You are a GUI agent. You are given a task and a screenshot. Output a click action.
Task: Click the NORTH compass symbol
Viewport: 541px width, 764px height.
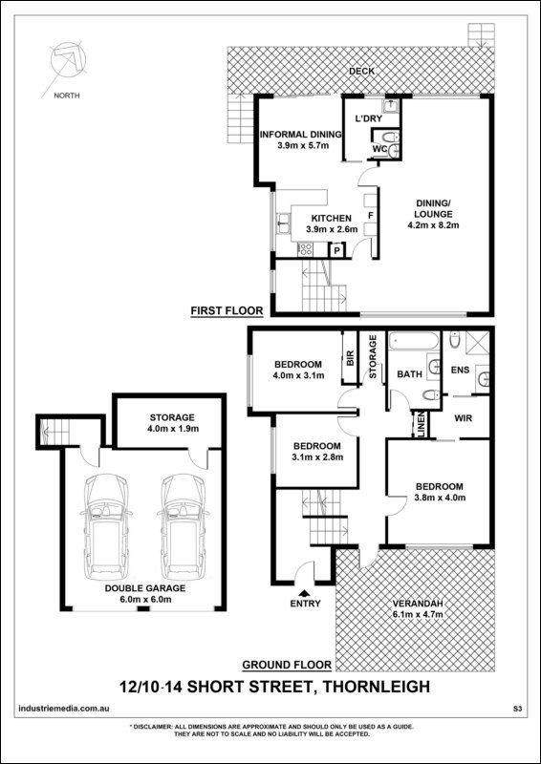click(x=68, y=59)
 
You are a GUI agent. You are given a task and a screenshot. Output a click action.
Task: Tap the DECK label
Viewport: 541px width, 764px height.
click(x=361, y=71)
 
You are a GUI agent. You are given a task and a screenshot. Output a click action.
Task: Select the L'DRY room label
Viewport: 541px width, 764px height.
click(x=368, y=118)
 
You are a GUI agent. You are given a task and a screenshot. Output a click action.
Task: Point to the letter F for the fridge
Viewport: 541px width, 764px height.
click(x=370, y=215)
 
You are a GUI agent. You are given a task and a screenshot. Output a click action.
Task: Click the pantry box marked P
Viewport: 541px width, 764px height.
click(x=336, y=251)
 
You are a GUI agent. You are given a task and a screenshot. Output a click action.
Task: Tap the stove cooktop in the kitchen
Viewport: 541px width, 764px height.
click(x=305, y=249)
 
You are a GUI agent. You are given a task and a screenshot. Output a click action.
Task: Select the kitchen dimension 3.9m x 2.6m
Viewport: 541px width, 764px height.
click(x=332, y=229)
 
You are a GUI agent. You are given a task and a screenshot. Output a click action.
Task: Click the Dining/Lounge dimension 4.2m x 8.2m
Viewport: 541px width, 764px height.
click(x=434, y=225)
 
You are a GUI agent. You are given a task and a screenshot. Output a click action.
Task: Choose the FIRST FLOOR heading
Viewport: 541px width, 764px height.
click(x=227, y=310)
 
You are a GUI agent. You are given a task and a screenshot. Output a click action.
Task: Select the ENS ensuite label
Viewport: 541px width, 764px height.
click(x=460, y=370)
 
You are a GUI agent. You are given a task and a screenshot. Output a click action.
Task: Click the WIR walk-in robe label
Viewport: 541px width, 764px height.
click(x=463, y=417)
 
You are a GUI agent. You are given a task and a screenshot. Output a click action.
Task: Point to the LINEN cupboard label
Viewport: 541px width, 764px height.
click(x=418, y=424)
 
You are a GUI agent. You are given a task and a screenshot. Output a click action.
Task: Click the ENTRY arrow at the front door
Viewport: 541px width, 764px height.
click(x=305, y=592)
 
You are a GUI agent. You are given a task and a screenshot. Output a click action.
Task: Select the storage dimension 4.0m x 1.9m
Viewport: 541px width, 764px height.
click(x=172, y=428)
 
